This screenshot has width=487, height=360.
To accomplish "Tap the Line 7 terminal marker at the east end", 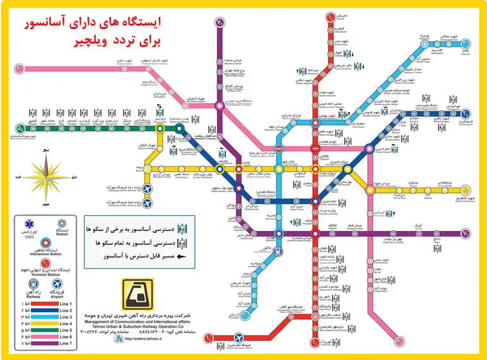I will pyautogui.click(x=466, y=234).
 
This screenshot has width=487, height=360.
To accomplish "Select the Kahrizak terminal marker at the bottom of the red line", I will pyautogui.click(x=315, y=342).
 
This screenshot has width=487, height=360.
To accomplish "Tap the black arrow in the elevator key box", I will pyautogui.click(x=180, y=257).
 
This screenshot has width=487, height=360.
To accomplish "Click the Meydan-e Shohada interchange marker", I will pyautogui.click(x=369, y=188).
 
